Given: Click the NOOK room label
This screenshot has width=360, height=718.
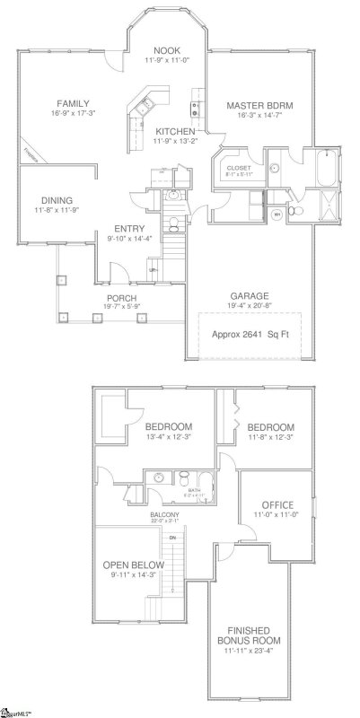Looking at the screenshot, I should pos(162,50).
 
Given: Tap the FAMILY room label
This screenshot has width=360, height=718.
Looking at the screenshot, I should pos(73,103).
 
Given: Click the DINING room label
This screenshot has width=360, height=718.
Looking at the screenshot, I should pos(57,200).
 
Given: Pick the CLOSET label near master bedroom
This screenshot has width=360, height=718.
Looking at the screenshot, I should pos(238,168).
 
